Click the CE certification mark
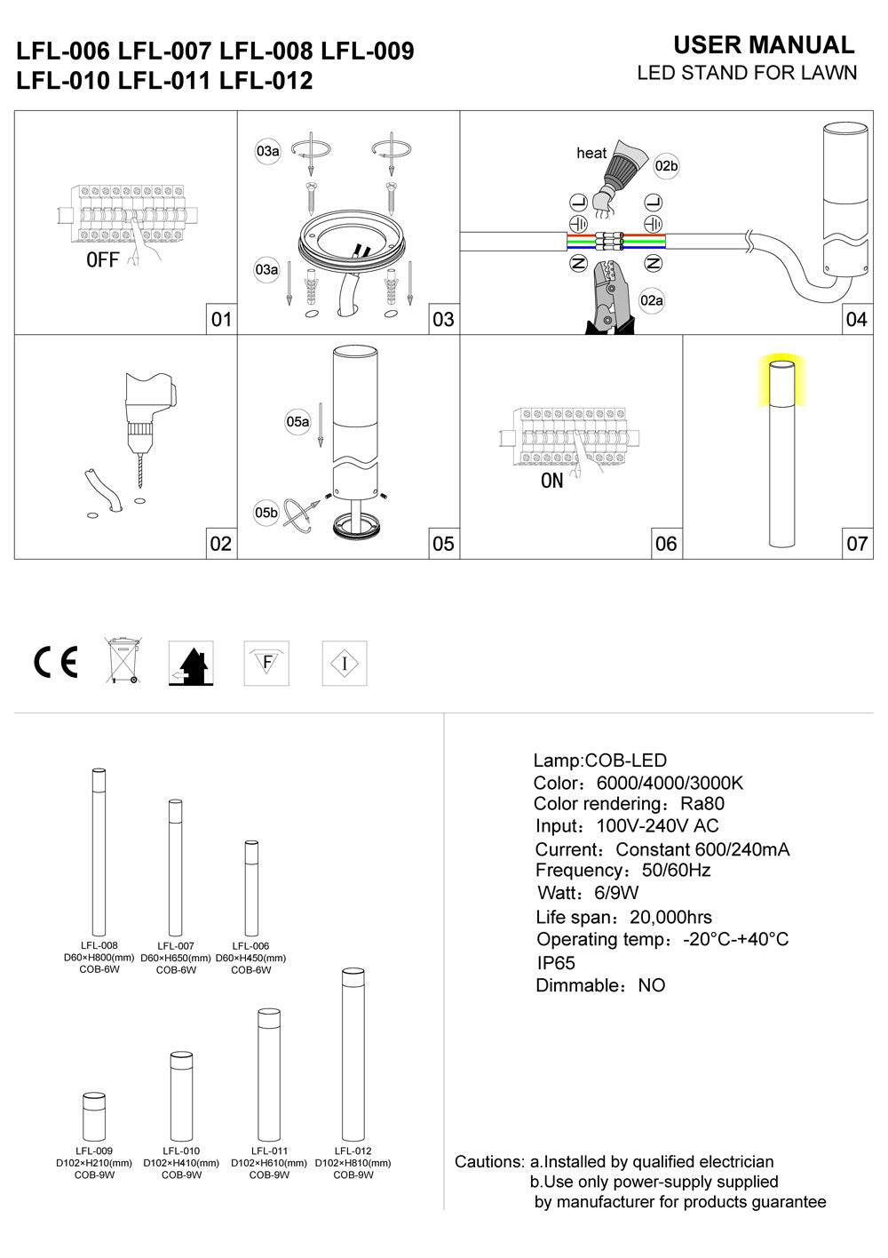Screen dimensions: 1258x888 [55, 662]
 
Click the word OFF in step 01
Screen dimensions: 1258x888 [103, 260]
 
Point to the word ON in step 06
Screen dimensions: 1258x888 [551, 482]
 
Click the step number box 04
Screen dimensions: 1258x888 [856, 319]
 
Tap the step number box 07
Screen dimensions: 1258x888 [856, 543]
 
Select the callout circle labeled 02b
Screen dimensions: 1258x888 [666, 166]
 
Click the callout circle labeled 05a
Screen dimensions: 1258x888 [297, 422]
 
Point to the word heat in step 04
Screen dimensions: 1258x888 [591, 154]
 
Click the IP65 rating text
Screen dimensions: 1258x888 [556, 963]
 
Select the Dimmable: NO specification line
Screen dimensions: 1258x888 [600, 985]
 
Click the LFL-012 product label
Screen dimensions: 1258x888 [353, 1151]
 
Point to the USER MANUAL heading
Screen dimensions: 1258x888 [764, 45]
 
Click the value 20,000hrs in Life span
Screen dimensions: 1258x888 [670, 918]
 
